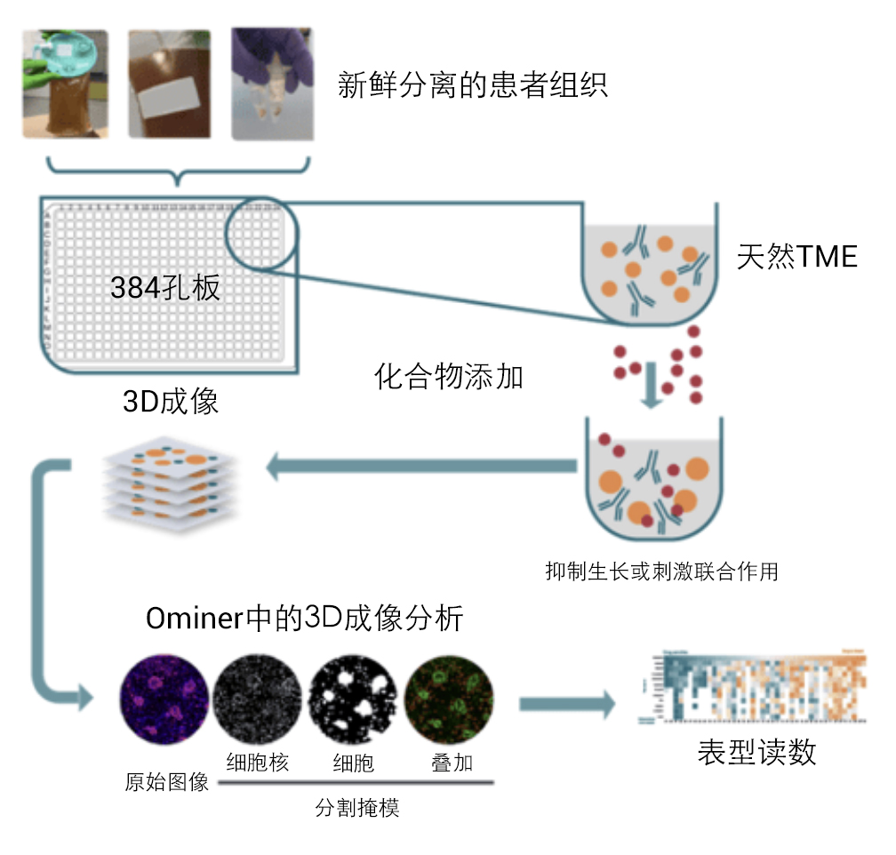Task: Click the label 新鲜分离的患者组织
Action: pos(473,85)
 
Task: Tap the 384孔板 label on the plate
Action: pos(165,286)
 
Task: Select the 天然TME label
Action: pos(796,257)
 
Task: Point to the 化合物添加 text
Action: pos(449,377)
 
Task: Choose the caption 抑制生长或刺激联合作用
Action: pos(661,571)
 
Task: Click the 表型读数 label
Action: pos(756,754)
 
